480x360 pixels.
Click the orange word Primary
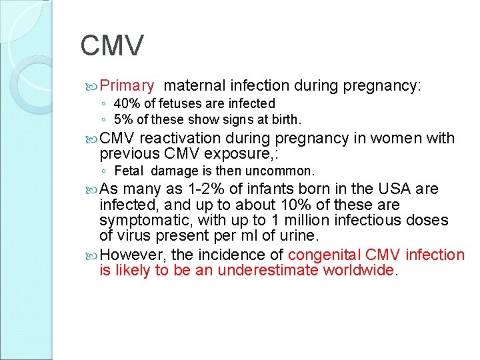pos(127,86)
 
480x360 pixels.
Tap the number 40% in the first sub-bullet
pos(125,103)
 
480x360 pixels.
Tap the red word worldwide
pos(359,271)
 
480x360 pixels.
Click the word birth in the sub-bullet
pos(286,121)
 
